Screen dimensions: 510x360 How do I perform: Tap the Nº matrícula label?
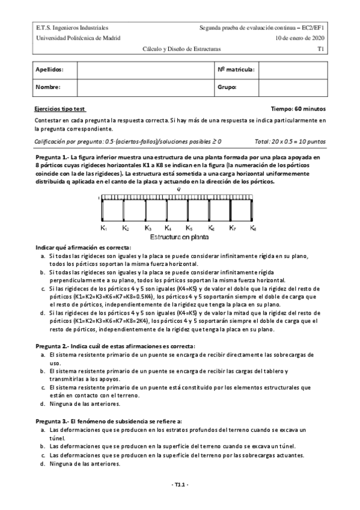pos(236,70)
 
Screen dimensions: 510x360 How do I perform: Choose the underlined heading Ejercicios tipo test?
pos(61,109)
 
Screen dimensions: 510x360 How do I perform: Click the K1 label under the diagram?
pos(104,229)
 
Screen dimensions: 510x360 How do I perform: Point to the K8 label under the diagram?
pos(254,229)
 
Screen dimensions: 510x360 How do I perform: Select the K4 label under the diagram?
pos(168,229)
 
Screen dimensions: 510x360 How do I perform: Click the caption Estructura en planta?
pos(180,238)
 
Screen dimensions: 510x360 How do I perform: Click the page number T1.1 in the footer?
pos(180,485)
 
